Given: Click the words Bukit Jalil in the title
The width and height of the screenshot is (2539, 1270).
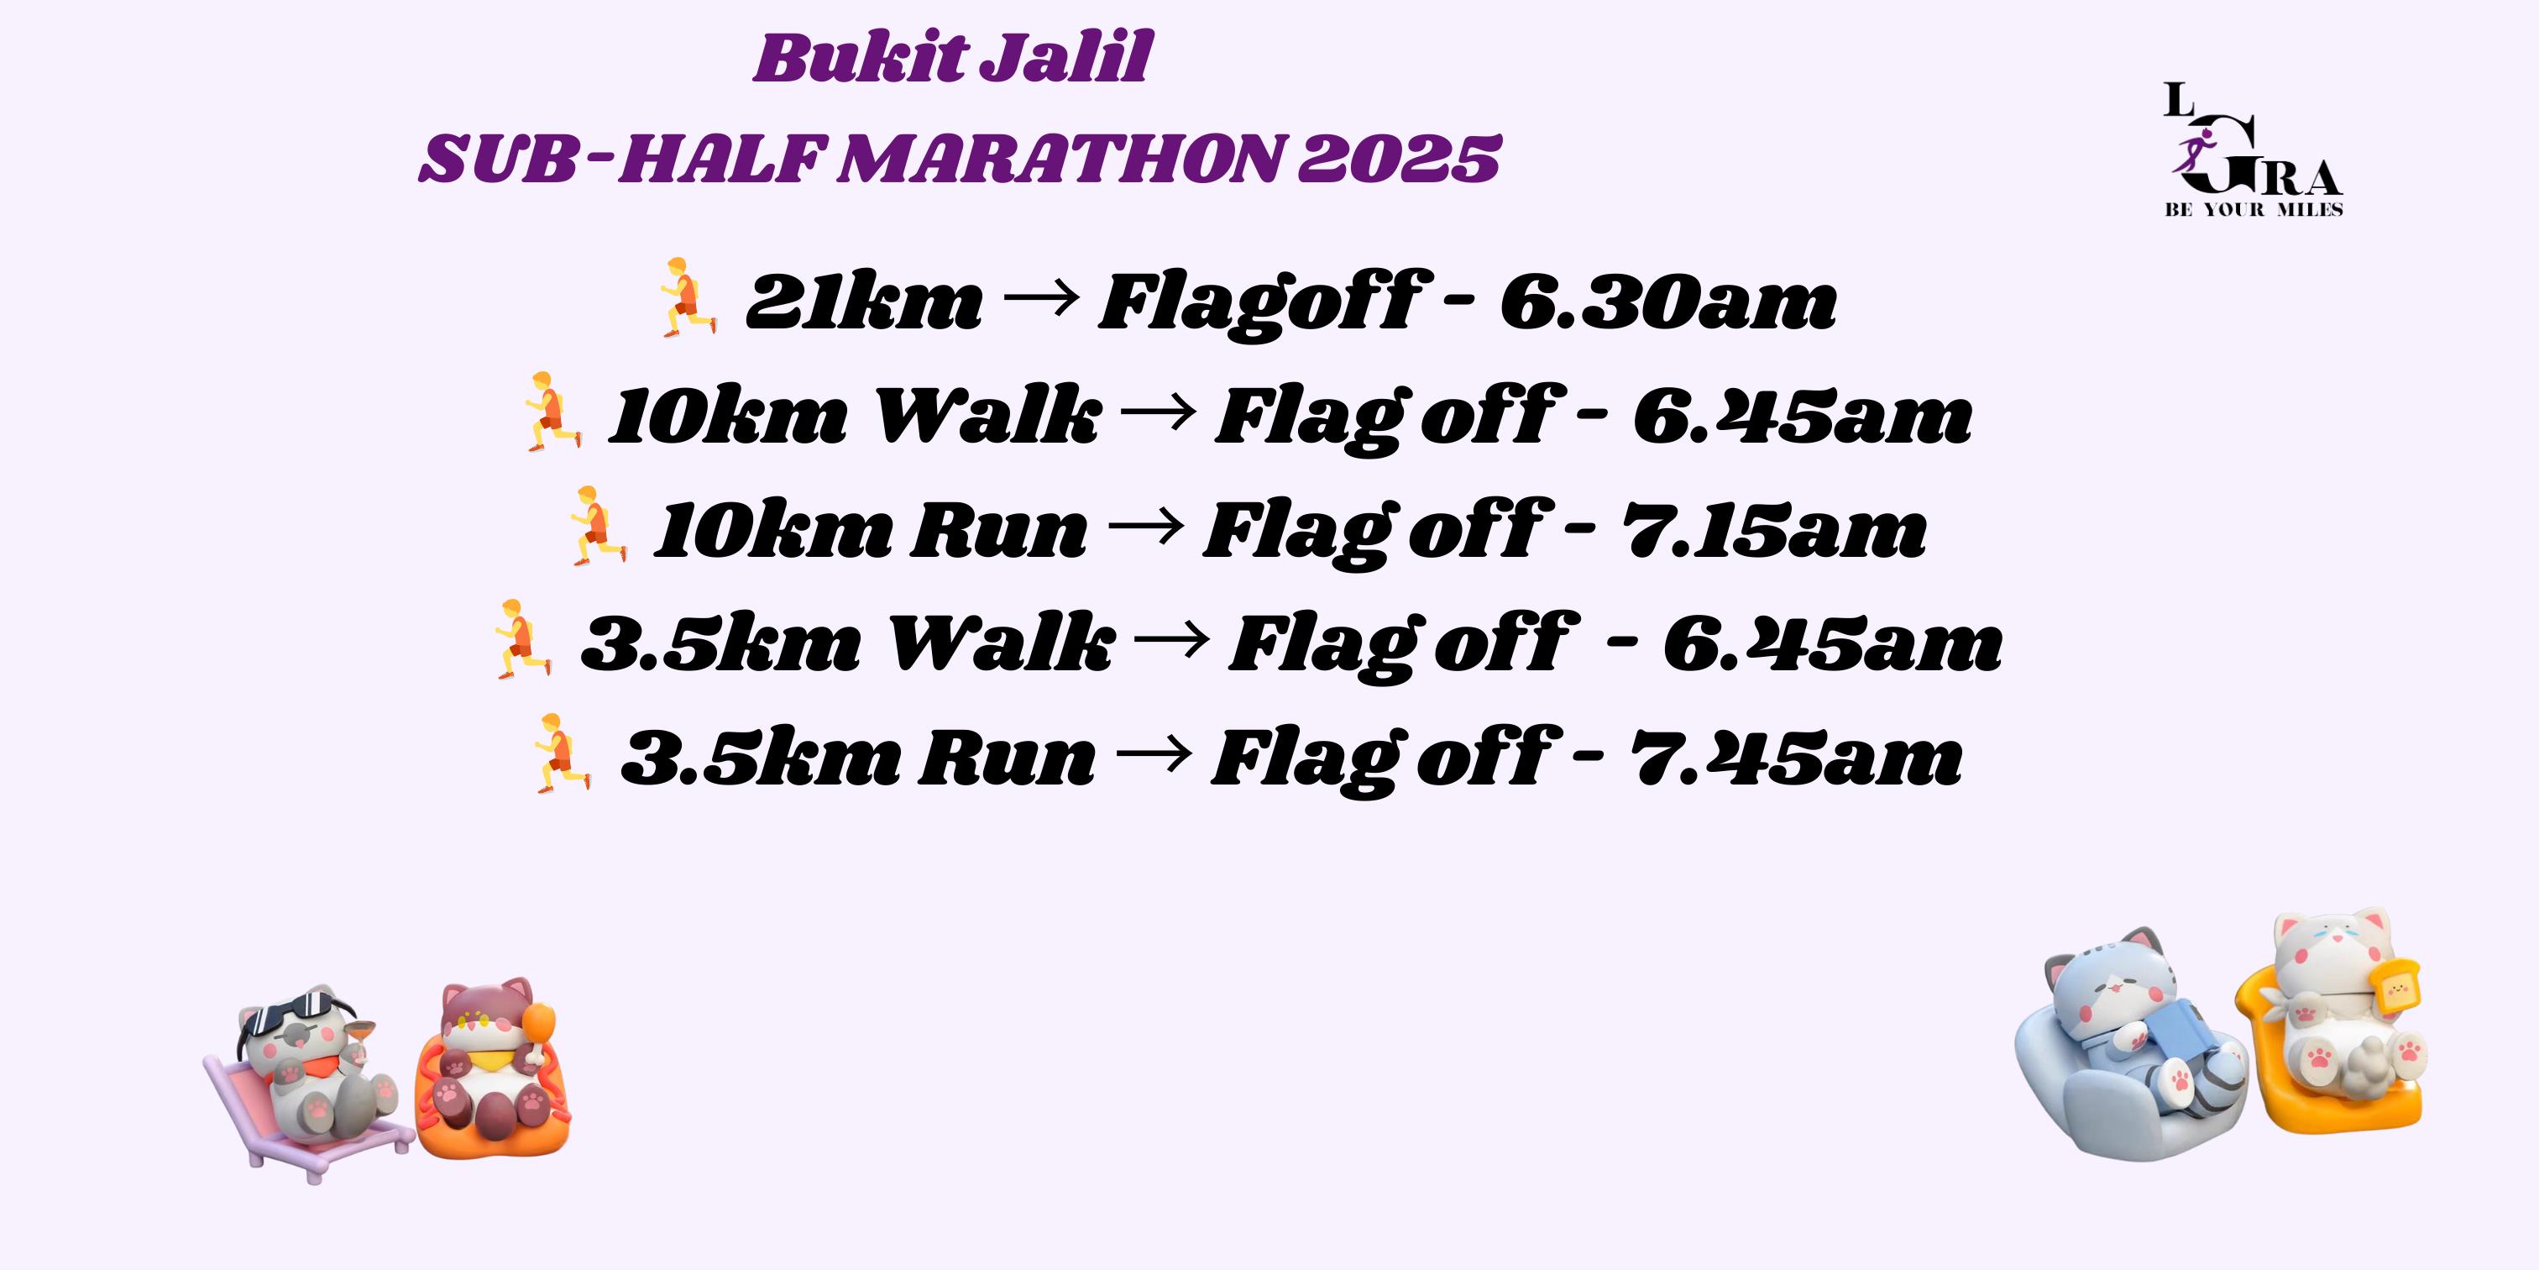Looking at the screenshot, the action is tap(952, 58).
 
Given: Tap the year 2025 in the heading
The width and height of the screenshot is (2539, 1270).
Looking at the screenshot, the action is tap(1399, 159).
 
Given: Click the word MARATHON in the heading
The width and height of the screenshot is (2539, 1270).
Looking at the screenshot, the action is tap(1062, 159).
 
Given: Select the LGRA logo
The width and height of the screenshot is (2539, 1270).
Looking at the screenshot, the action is tap(2254, 149).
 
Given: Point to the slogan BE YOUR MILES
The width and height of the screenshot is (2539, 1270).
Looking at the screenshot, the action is tap(2254, 209).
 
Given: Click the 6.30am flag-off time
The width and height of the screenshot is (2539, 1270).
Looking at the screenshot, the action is tap(1667, 302).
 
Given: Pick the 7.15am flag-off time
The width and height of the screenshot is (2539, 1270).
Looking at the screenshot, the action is tap(1774, 529).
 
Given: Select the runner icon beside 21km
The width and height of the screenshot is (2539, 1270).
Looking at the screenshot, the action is tap(687, 299).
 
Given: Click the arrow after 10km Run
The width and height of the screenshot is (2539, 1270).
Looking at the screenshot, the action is tap(1145, 526).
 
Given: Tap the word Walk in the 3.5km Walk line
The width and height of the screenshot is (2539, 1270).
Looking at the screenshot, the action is tap(1002, 643).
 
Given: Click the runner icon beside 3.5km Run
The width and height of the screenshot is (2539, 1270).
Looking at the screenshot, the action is tap(561, 753).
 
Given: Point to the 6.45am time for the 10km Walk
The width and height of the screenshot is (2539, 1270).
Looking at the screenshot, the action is tap(1803, 415).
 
